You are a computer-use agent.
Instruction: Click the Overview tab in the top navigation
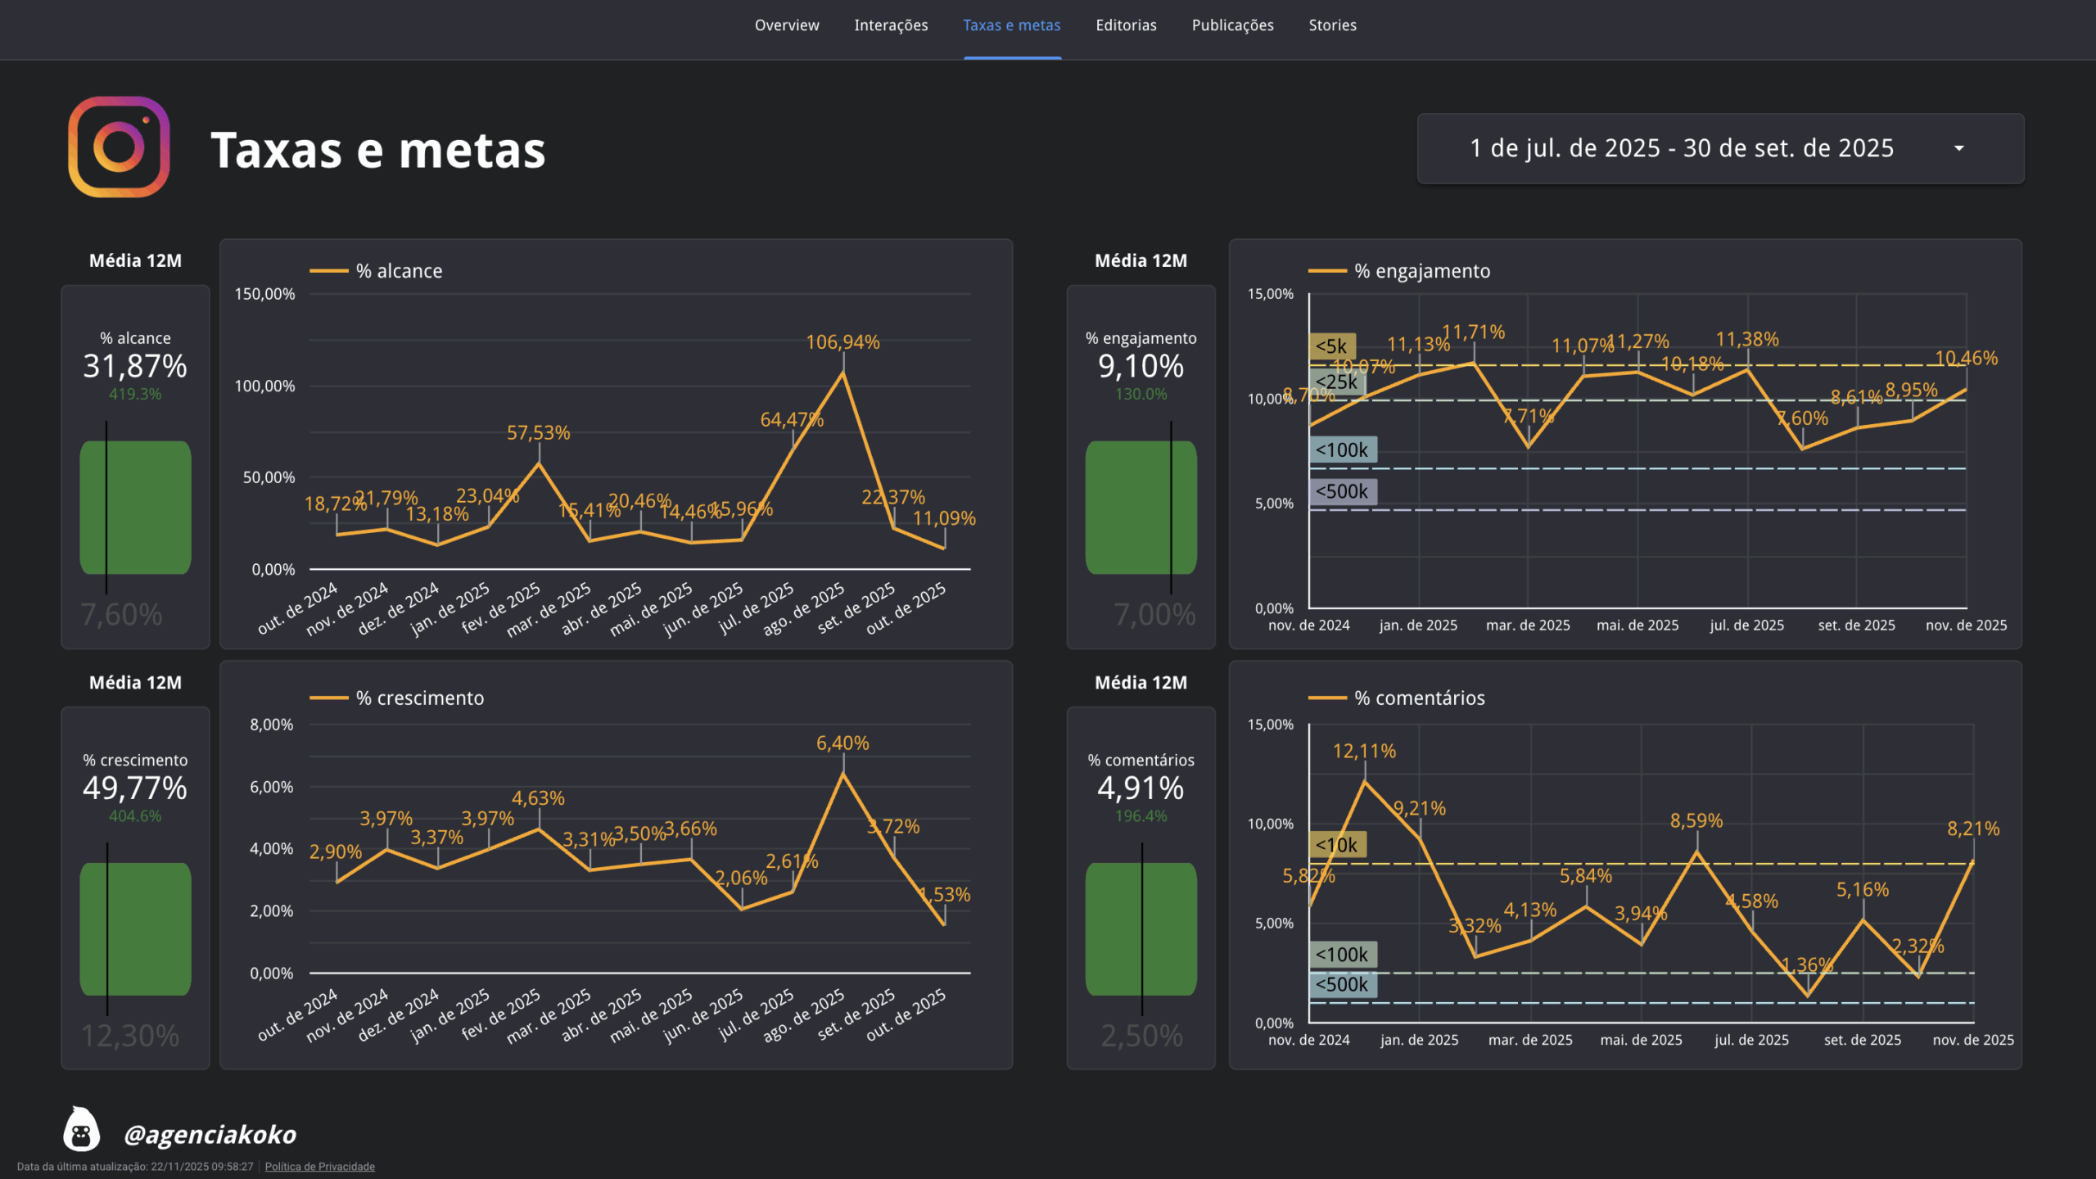[x=786, y=25]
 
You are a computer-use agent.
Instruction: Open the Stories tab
[x=1332, y=25]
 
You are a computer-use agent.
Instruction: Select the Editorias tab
[x=1126, y=25]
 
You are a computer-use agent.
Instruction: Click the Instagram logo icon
[x=119, y=147]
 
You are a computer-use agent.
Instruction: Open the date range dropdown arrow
[x=1958, y=148]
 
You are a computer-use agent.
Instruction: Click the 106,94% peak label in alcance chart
[x=842, y=342]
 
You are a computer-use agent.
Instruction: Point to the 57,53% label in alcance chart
[x=538, y=432]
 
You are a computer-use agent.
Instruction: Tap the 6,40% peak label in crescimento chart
[x=842, y=743]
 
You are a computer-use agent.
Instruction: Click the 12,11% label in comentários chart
[x=1364, y=751]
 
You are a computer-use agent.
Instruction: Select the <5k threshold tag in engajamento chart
[x=1331, y=346]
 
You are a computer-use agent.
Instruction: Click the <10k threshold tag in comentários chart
[x=1336, y=845]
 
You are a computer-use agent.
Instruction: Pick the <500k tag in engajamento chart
[x=1342, y=491]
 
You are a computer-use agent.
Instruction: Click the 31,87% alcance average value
[x=135, y=366]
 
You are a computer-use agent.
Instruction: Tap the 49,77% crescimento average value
[x=135, y=788]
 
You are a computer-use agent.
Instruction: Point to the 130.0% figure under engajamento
[x=1141, y=394]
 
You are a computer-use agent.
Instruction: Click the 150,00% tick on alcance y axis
[x=264, y=294]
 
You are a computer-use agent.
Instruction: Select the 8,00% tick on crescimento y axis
[x=271, y=725]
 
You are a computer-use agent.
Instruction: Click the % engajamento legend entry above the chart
[x=1421, y=271]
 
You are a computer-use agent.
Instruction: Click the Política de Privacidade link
[x=319, y=1167]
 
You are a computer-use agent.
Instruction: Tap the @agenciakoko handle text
[x=210, y=1134]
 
